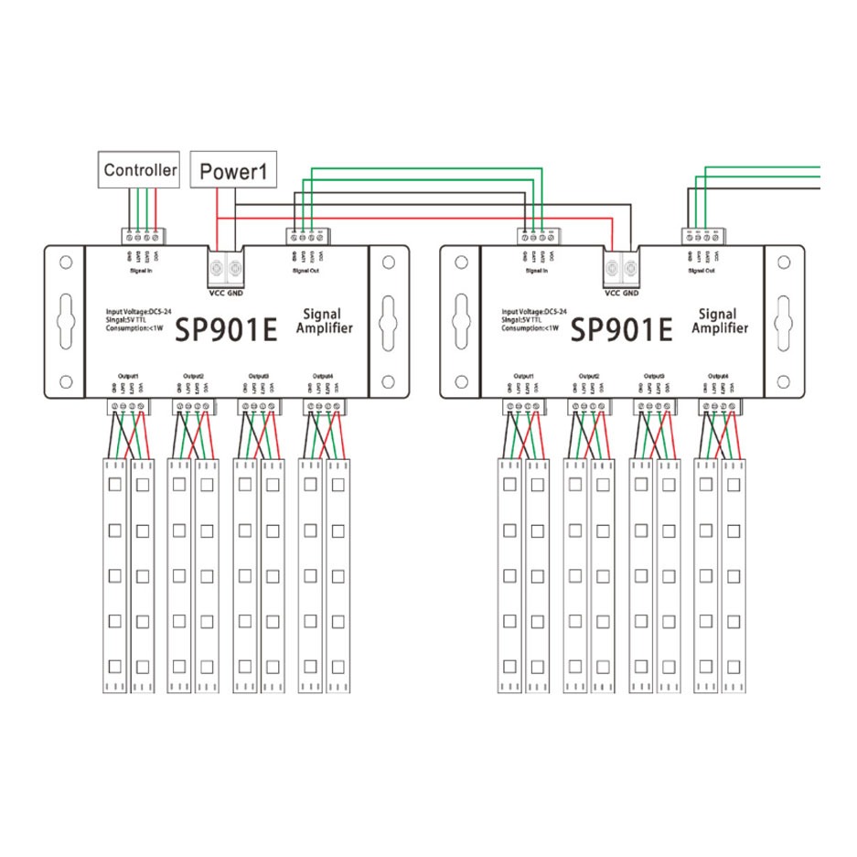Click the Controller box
click(x=140, y=169)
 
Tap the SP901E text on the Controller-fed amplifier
click(x=225, y=330)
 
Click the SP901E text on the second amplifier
click(x=622, y=328)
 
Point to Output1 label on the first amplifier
click(x=128, y=376)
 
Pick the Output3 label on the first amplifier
click(x=259, y=376)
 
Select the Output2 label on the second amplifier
click(x=588, y=376)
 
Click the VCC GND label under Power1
click(x=225, y=295)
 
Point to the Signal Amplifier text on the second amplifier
click(x=720, y=321)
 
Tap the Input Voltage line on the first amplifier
click(x=137, y=312)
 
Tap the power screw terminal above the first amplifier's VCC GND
click(x=225, y=270)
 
